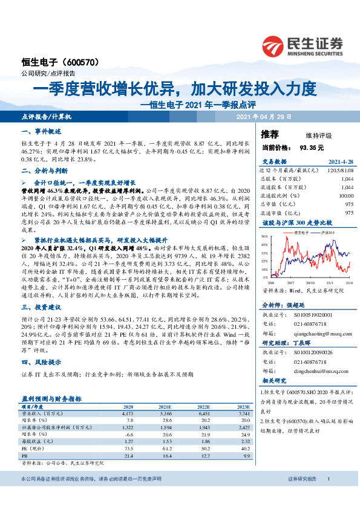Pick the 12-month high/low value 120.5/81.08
(x=339, y=170)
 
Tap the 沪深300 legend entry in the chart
(x=327, y=232)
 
